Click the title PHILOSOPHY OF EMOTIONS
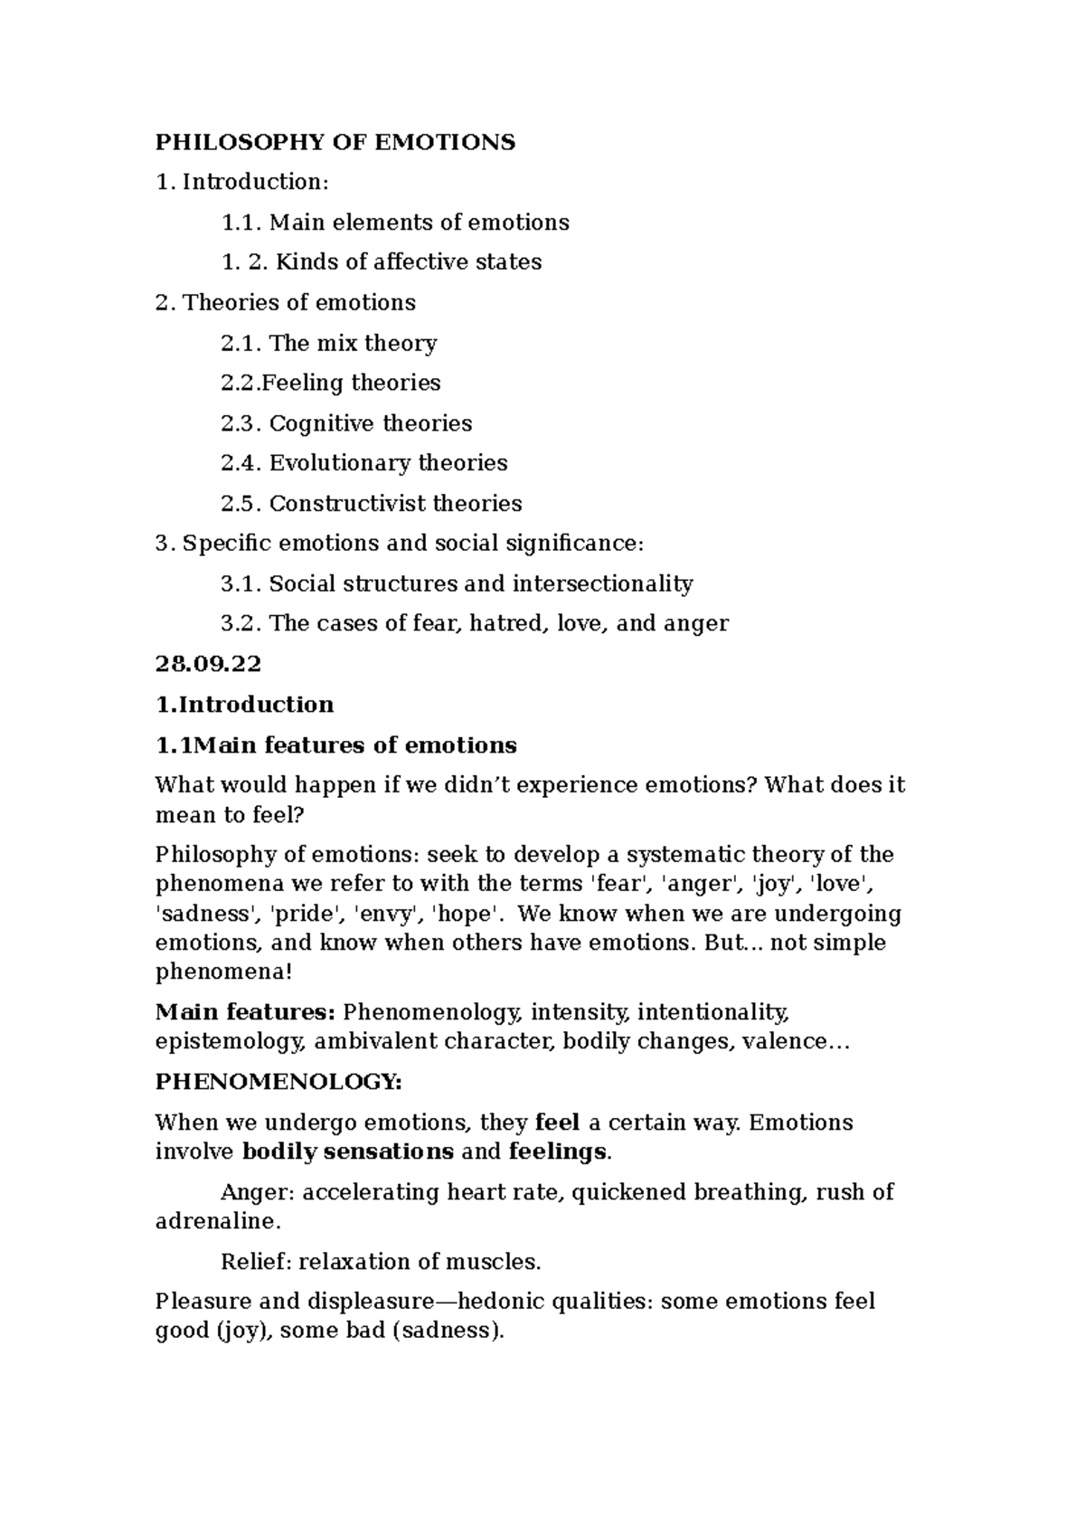click(x=335, y=142)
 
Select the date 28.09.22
click(x=208, y=664)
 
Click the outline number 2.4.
click(x=241, y=463)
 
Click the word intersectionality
click(x=602, y=583)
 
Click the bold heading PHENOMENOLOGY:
click(x=278, y=1082)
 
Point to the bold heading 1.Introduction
click(x=244, y=705)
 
